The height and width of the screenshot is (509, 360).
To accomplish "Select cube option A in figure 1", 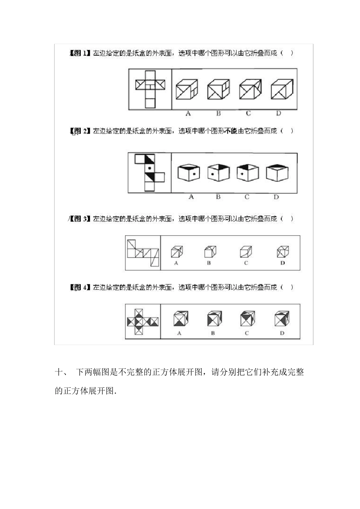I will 187,90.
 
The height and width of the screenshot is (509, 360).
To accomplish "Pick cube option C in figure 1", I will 250,89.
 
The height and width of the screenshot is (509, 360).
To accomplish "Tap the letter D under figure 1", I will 279,113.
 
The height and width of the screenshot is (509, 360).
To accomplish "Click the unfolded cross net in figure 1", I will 150,89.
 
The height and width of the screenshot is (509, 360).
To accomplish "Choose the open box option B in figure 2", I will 219,172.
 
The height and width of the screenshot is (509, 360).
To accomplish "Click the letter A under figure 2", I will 191,197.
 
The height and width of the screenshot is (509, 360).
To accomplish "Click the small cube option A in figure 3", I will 176,251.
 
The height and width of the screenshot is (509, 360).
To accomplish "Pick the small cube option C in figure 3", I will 246,251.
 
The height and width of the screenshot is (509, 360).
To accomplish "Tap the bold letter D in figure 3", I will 283,263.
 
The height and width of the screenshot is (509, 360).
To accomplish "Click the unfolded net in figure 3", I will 143,253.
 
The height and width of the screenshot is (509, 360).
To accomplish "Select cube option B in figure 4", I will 214,319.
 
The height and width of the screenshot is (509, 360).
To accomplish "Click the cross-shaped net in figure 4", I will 142,322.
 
